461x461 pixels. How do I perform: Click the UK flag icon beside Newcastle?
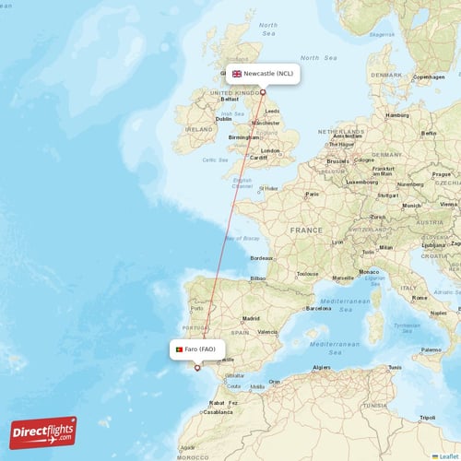pyautogui.click(x=237, y=74)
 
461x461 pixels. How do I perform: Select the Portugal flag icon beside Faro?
pyautogui.click(x=177, y=349)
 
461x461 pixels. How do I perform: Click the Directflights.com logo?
pyautogui.click(x=43, y=431)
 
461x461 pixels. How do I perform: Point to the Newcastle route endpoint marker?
pyautogui.click(x=263, y=91)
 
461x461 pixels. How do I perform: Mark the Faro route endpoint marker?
pyautogui.click(x=195, y=367)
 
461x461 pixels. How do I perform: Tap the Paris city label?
pyautogui.click(x=313, y=195)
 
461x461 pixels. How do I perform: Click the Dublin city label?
pyautogui.click(x=223, y=118)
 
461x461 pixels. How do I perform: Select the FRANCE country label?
pyautogui.click(x=306, y=229)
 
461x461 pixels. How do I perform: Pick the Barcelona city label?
pyautogui.click(x=317, y=309)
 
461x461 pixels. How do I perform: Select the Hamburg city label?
pyautogui.click(x=397, y=115)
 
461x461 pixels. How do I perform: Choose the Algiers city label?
pyautogui.click(x=321, y=367)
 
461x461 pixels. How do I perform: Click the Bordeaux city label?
pyautogui.click(x=261, y=258)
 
